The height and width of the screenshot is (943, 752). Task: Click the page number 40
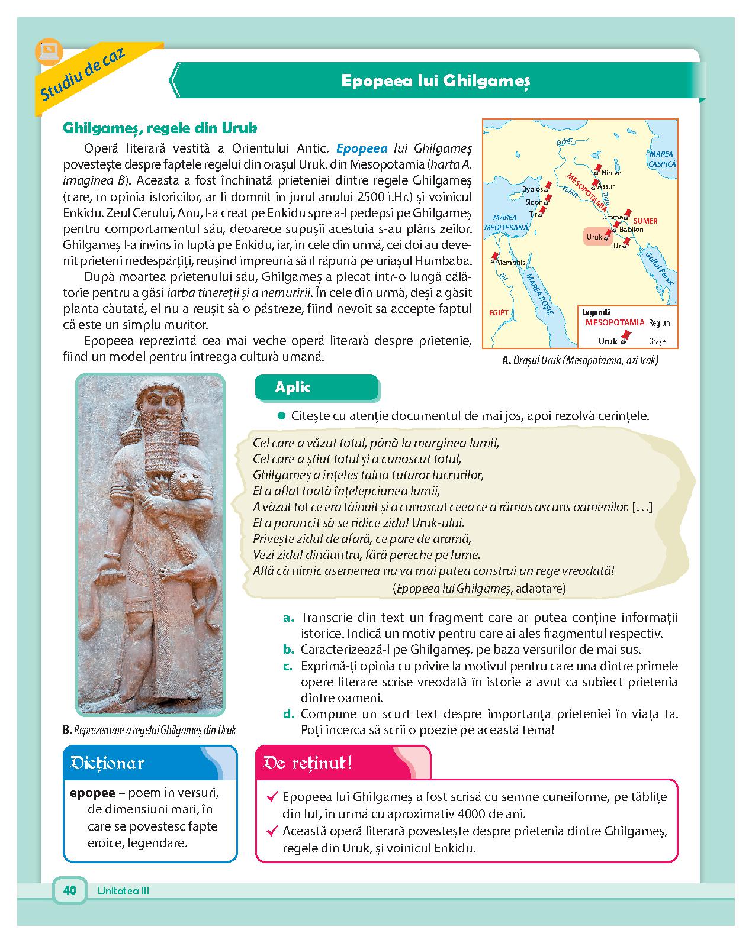(x=70, y=890)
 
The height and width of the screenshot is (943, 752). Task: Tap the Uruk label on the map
(x=594, y=237)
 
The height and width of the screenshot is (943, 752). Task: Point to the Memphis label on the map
(x=511, y=263)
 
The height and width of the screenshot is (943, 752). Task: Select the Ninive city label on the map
(x=611, y=173)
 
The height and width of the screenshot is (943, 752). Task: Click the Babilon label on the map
(x=631, y=229)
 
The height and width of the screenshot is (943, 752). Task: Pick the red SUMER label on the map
(x=645, y=221)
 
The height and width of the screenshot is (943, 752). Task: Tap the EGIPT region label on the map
(x=499, y=312)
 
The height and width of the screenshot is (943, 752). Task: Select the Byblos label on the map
(x=532, y=189)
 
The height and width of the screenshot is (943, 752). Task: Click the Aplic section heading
(x=293, y=387)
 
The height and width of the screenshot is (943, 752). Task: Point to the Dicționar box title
(x=108, y=763)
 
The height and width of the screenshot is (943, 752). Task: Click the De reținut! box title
(x=308, y=763)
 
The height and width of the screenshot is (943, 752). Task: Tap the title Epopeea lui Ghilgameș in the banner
(x=436, y=80)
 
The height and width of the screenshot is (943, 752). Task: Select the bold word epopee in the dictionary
(x=91, y=793)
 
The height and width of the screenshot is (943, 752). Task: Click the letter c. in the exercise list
(x=288, y=666)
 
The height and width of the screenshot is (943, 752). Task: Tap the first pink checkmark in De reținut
(x=273, y=797)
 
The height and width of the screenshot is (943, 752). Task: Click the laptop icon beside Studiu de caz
(x=46, y=50)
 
